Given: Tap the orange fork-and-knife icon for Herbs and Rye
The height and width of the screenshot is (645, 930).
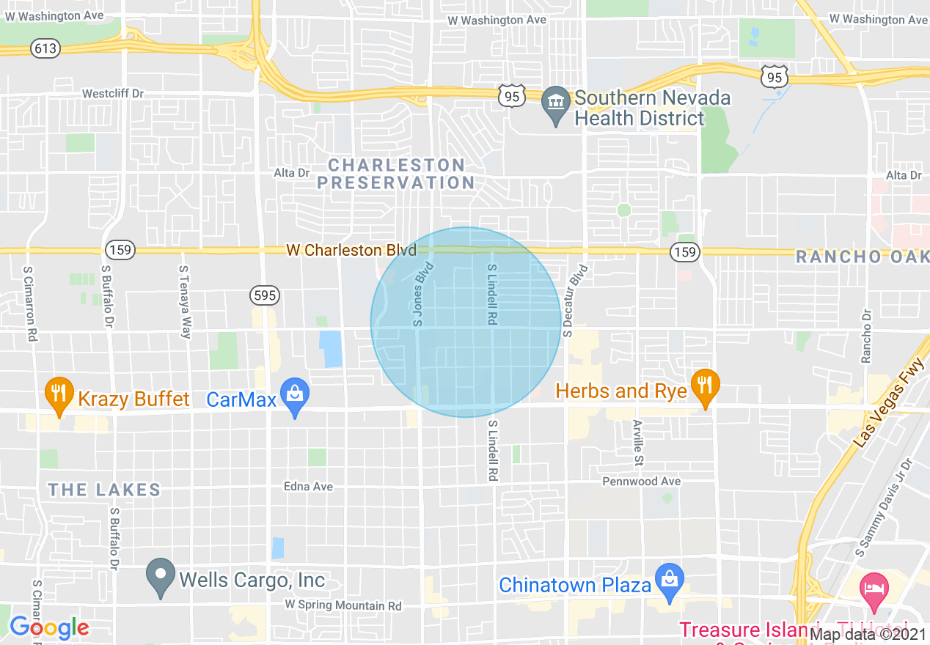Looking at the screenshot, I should coord(705,385).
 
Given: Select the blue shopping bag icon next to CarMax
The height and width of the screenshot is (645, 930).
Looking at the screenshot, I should coord(295,394).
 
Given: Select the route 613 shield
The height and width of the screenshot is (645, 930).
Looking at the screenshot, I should coord(45,48).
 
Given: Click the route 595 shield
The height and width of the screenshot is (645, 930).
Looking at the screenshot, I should coord(264,296).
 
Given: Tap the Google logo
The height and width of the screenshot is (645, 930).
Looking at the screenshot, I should coord(48,627).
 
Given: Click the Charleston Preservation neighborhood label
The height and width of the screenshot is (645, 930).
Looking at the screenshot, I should coord(396,174).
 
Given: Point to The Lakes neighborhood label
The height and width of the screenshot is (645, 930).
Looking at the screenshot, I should coord(103,490).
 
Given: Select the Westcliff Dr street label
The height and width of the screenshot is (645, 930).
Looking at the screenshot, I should coord(113,94).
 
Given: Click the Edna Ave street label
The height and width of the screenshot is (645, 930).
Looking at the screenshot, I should coord(308,487).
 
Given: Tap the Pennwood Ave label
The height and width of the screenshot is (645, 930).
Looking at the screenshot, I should coord(641,482).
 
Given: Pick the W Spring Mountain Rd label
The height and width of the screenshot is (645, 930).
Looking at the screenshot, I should coord(343,605).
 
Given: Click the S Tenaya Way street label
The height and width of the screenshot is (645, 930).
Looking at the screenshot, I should coord(185,302).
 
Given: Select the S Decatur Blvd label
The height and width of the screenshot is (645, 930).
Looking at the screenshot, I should coord(576,301).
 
